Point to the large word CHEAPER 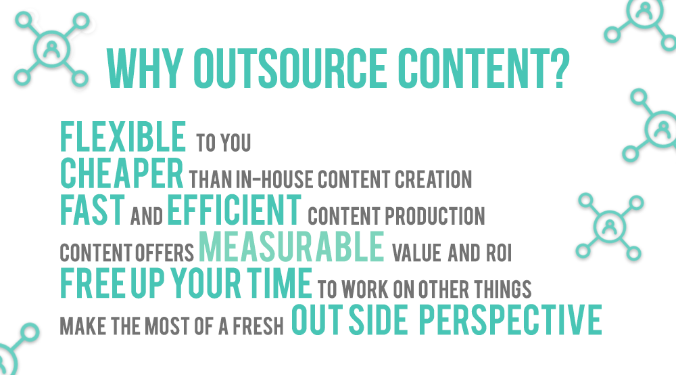coord(122,173)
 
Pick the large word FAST coord(92,211)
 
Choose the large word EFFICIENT coord(234,211)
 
